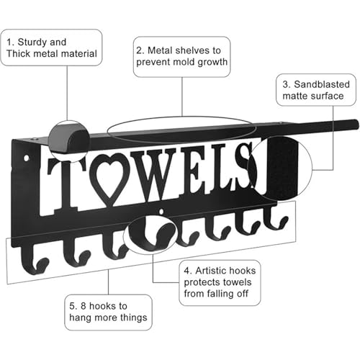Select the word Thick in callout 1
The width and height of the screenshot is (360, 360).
click(x=18, y=53)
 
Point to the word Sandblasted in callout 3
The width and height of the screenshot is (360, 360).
click(x=322, y=84)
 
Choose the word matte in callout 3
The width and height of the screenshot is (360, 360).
click(x=294, y=96)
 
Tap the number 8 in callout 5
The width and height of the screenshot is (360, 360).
click(x=84, y=306)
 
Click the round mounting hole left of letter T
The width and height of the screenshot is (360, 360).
click(x=26, y=158)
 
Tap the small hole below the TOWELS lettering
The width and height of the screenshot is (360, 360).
click(x=162, y=211)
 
